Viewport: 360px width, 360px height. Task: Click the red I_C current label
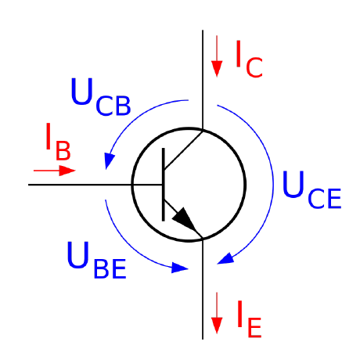click(x=249, y=59)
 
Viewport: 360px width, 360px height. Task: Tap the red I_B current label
click(x=58, y=142)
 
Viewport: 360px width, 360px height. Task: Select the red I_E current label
click(x=249, y=319)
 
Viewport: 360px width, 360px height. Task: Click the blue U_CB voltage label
click(x=100, y=97)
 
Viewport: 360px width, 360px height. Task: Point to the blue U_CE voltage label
click(x=312, y=189)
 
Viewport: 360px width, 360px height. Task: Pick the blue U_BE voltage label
click(x=97, y=260)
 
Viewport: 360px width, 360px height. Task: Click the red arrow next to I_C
click(x=217, y=56)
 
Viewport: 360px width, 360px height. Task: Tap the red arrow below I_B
click(x=55, y=171)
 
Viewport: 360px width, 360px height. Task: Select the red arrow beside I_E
click(x=217, y=313)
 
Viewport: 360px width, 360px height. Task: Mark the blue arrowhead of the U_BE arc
click(x=179, y=268)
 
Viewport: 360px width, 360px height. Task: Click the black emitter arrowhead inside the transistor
click(x=185, y=220)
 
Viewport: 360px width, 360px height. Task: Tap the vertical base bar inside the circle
click(x=164, y=185)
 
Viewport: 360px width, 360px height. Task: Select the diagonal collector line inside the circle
click(x=184, y=150)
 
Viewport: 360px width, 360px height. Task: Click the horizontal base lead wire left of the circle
click(x=80, y=185)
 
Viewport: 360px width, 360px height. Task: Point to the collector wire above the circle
click(x=203, y=79)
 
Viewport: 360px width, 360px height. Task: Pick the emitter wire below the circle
click(x=203, y=289)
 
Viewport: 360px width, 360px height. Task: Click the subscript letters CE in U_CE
click(x=325, y=199)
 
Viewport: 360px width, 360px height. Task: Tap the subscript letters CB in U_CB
click(x=113, y=106)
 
